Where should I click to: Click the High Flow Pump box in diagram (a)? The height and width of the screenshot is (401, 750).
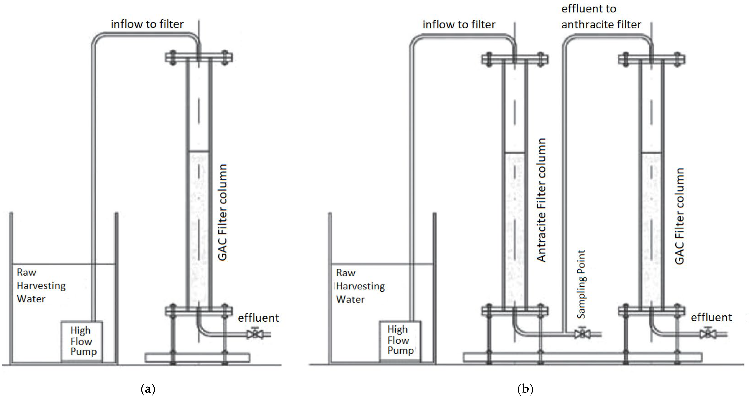tap(82, 341)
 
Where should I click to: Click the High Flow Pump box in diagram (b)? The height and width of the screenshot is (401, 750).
tap(400, 340)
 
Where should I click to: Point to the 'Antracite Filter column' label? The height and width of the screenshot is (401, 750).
tap(541, 200)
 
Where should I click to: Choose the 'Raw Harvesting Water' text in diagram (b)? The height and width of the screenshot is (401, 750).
tap(360, 286)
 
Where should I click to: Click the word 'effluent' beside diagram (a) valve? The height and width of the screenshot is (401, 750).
tap(258, 318)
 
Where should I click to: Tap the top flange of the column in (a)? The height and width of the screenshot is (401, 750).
tap(199, 57)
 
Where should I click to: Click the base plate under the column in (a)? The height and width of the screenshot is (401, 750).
tap(197, 358)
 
